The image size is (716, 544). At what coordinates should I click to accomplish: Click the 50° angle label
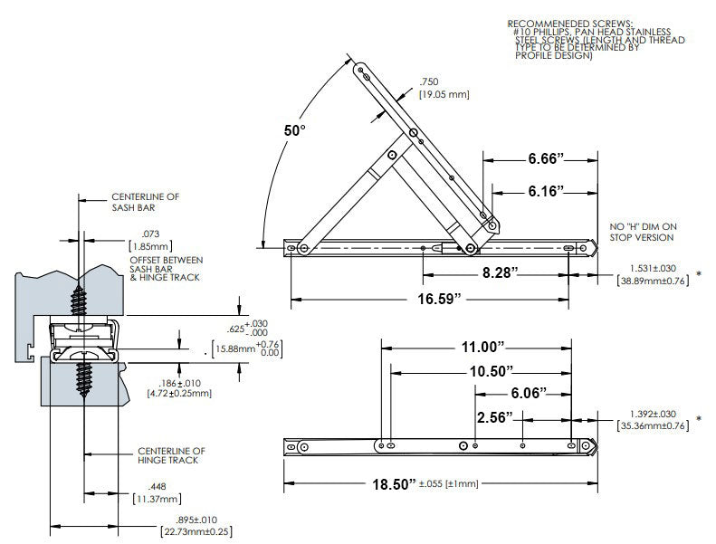[294, 130]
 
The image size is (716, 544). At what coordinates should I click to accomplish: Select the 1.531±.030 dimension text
[652, 269]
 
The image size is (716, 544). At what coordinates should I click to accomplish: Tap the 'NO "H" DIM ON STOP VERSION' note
[643, 231]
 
